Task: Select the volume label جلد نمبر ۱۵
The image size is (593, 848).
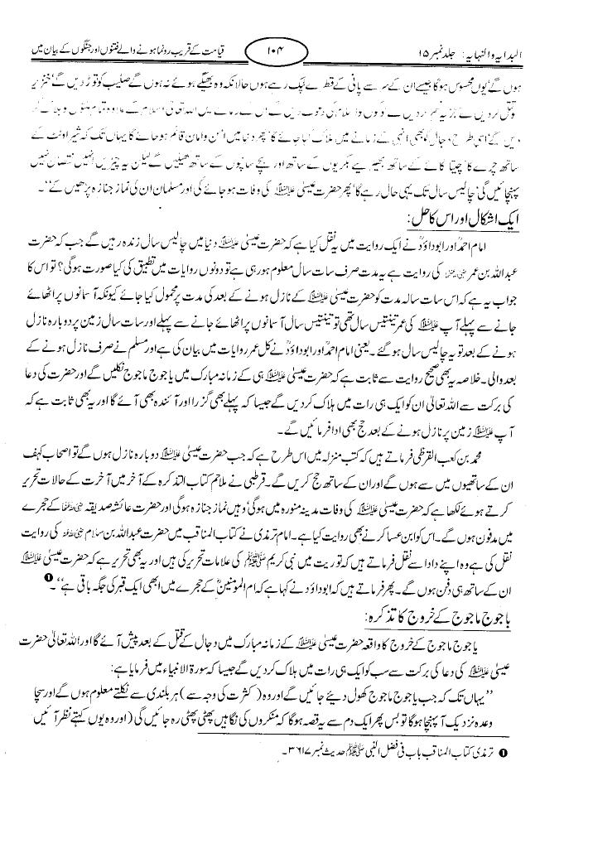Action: coord(475,53)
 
